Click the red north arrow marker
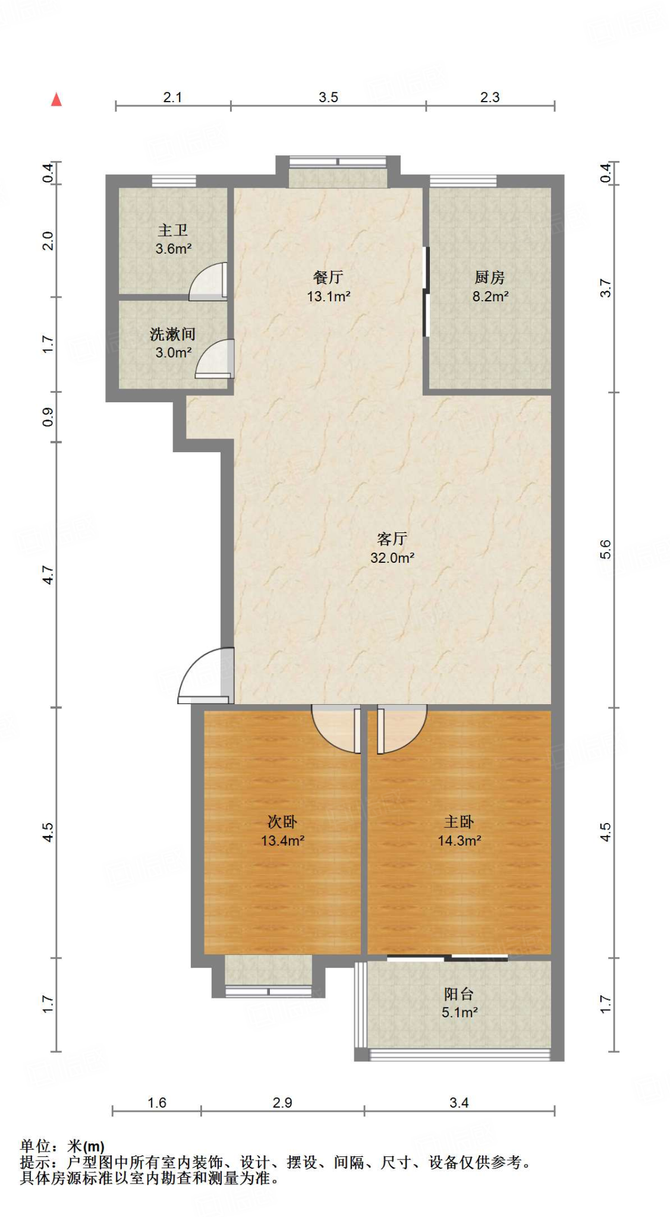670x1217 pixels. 56,99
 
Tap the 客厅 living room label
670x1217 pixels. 392,538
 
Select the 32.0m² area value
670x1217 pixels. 392,557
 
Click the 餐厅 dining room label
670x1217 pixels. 328,277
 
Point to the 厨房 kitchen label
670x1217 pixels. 489,277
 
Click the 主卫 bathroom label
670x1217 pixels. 172,231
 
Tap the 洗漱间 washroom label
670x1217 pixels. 172,334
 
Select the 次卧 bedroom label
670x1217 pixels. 282,821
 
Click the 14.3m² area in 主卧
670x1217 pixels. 459,840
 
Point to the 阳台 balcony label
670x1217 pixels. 458,994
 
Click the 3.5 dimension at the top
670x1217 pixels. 328,97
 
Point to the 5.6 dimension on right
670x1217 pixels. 605,549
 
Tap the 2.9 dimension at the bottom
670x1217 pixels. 282,1102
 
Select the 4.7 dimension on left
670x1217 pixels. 48,575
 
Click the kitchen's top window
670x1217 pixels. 463,181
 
